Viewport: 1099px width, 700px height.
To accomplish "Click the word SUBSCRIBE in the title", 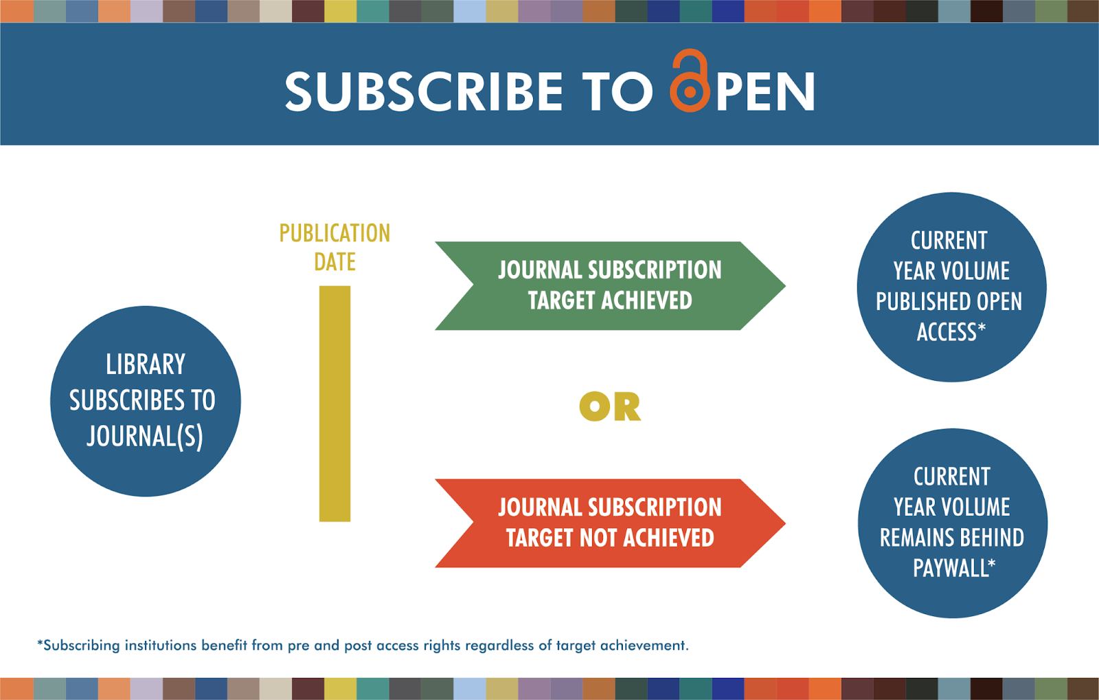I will [424, 92].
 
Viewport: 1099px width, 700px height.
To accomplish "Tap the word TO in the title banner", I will [616, 92].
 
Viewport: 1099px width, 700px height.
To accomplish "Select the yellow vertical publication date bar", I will [335, 404].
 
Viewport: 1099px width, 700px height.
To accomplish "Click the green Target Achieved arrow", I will [609, 285].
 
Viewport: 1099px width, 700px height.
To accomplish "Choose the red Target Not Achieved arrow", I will [609, 523].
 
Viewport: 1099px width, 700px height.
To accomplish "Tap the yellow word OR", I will [610, 406].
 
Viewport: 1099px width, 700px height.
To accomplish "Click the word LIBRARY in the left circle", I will [146, 364].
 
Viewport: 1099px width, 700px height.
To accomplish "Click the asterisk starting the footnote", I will [40, 644].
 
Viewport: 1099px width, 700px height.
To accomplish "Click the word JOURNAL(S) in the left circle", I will [145, 436].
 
